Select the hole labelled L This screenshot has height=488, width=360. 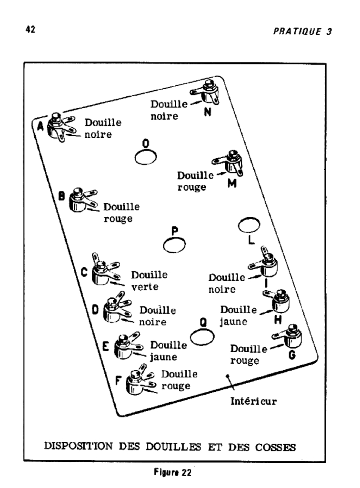(x=249, y=224)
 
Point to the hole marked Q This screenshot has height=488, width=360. (x=202, y=335)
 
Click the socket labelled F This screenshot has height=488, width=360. (x=136, y=381)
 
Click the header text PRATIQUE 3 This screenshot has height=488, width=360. (x=302, y=32)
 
